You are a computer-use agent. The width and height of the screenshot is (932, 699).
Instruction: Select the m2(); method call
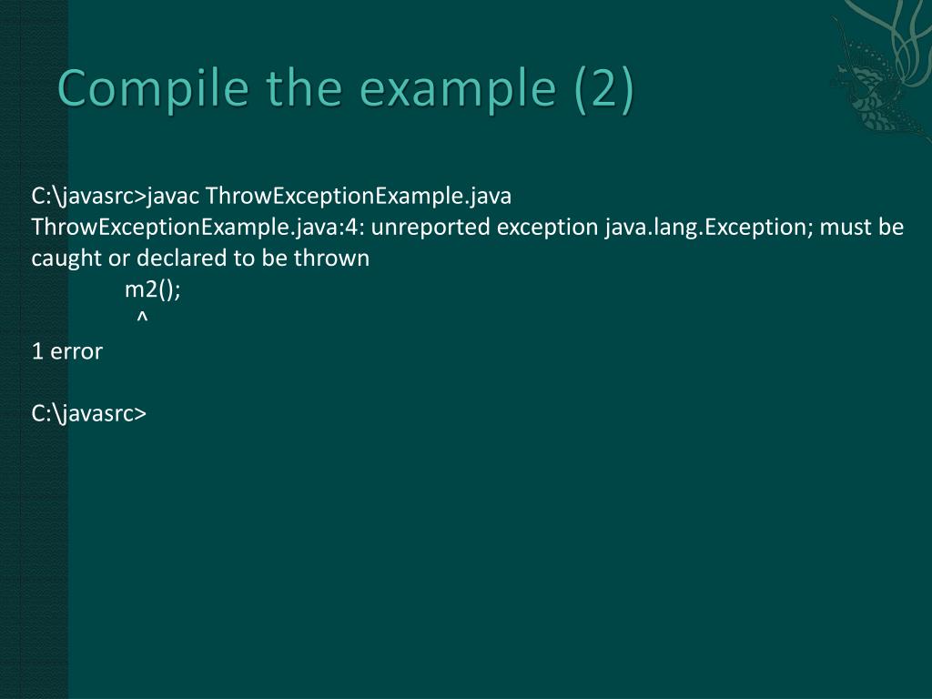[153, 289]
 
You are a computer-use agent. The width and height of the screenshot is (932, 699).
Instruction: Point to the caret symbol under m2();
[142, 319]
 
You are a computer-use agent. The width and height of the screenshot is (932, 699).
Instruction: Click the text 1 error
[66, 351]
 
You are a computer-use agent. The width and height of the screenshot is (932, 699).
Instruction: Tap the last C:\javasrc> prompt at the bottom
[88, 413]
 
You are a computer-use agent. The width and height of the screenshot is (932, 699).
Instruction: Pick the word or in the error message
[119, 258]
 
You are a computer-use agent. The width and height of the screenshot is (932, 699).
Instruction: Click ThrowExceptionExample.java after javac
[359, 196]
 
